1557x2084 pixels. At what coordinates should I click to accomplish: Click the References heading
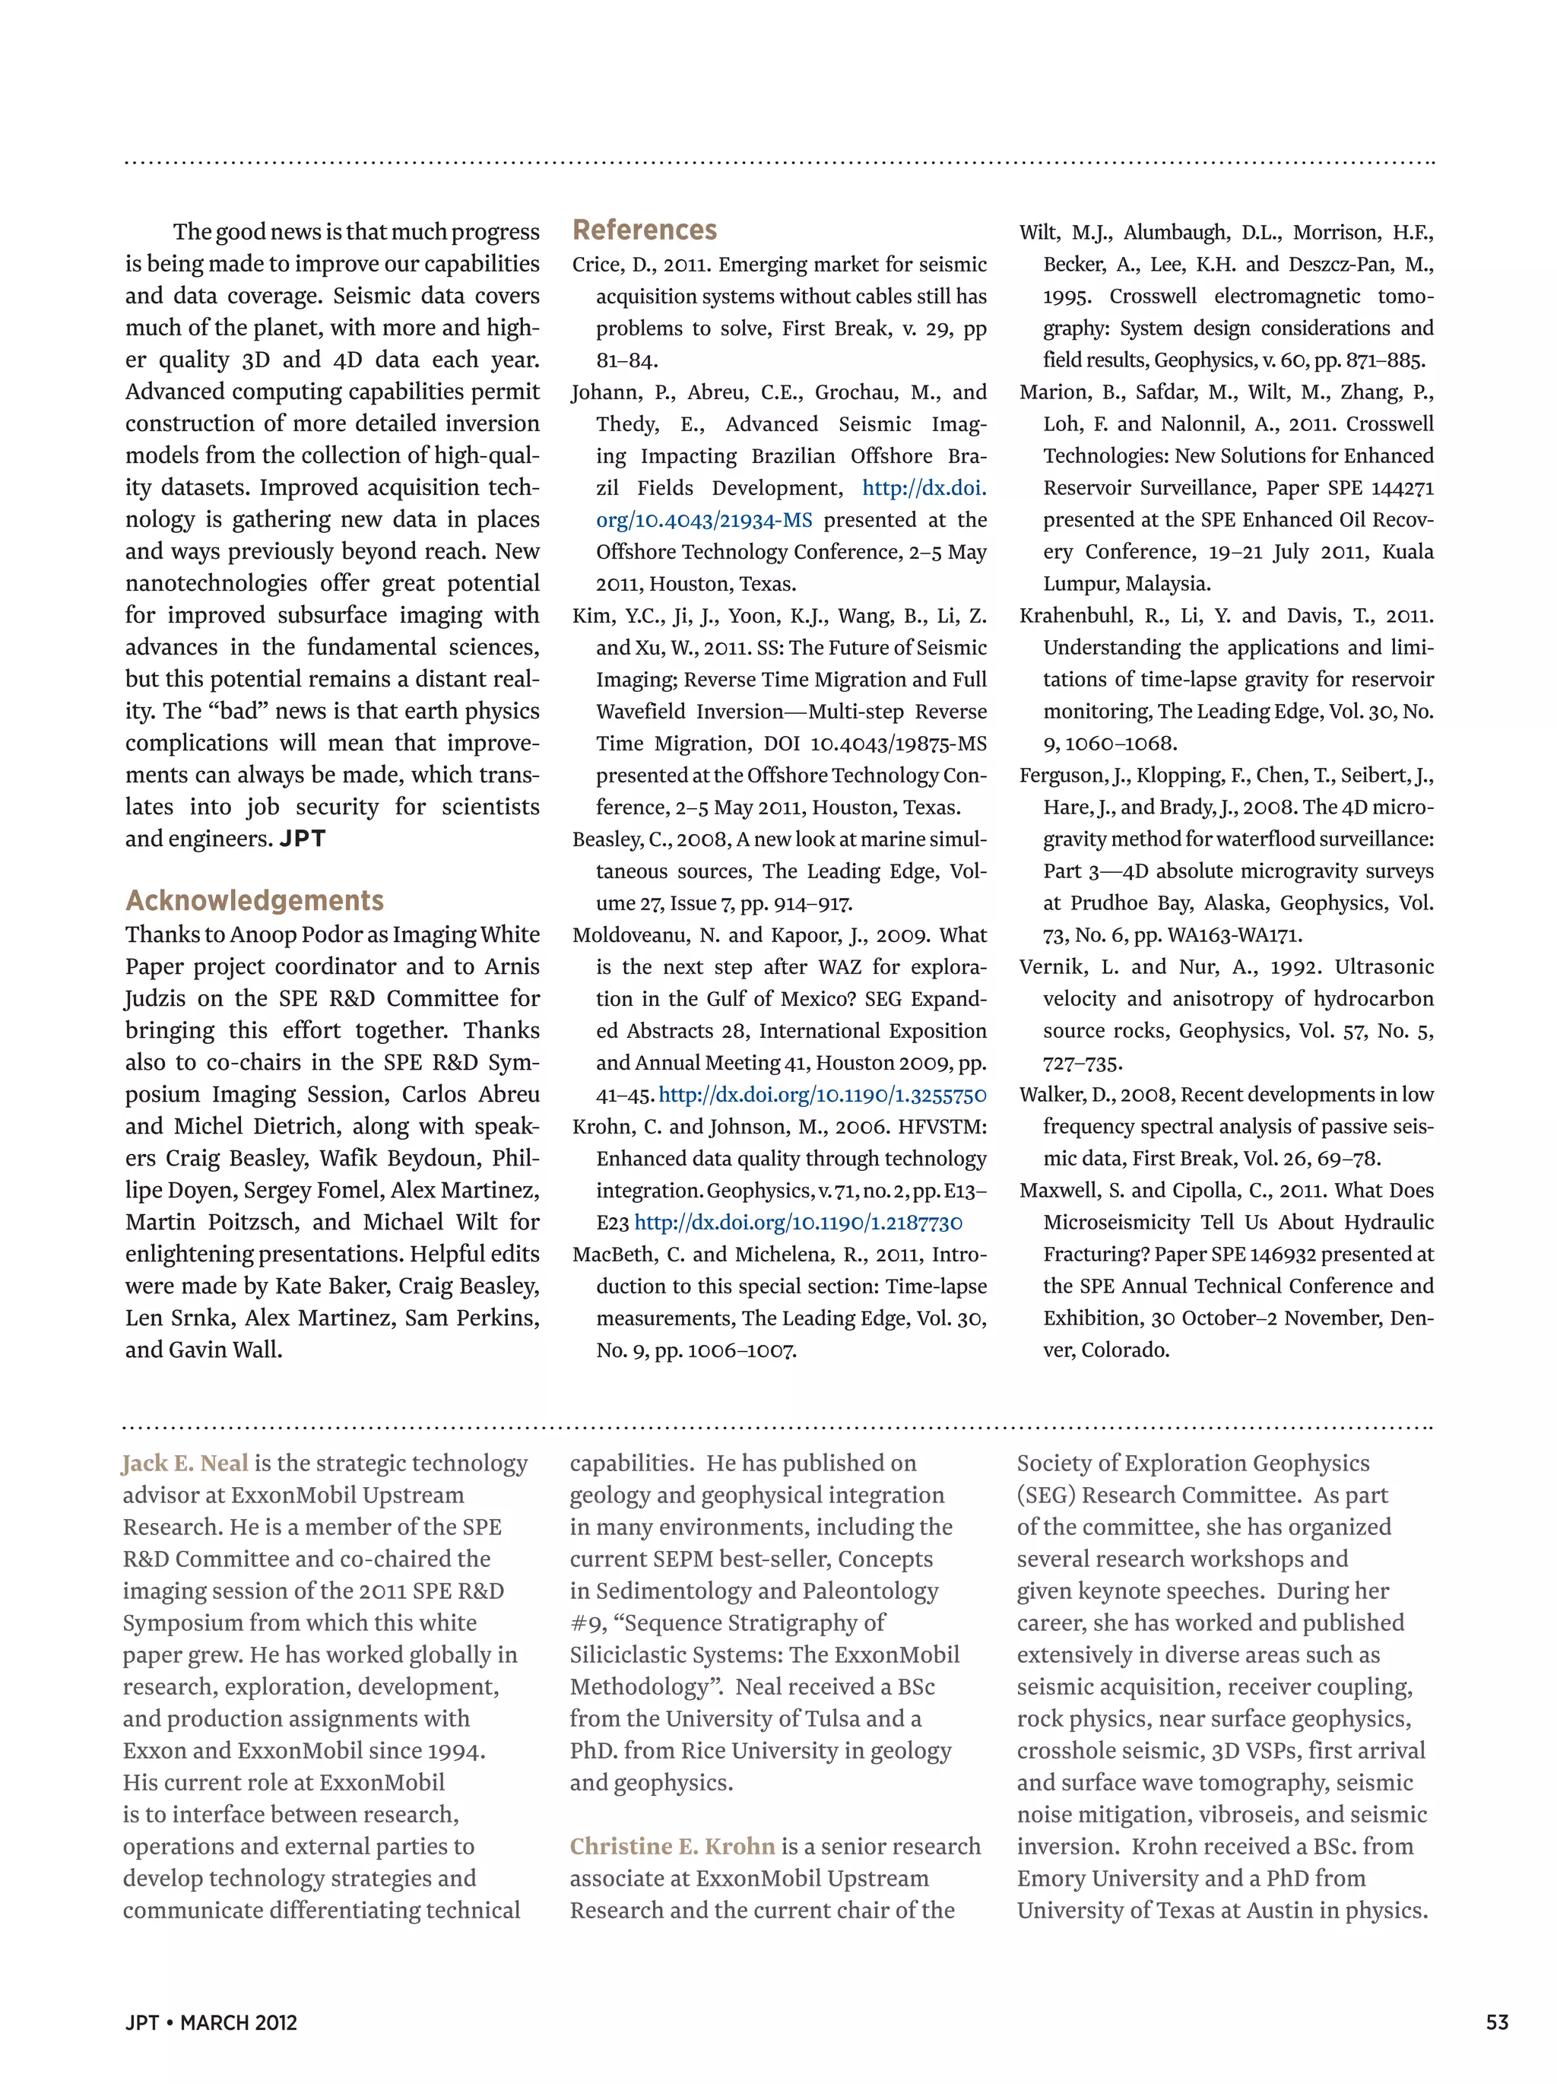644,230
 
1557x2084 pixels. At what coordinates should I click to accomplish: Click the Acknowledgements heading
255,901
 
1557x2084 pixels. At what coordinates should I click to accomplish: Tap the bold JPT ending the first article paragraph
303,839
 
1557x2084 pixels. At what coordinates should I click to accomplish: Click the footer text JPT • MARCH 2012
211,2022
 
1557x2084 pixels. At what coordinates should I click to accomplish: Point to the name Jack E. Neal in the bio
186,1463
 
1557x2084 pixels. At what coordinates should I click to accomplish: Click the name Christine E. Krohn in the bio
671,1847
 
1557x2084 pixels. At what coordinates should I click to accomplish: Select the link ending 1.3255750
823,1095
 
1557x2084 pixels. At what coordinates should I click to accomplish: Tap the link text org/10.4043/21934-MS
704,520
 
